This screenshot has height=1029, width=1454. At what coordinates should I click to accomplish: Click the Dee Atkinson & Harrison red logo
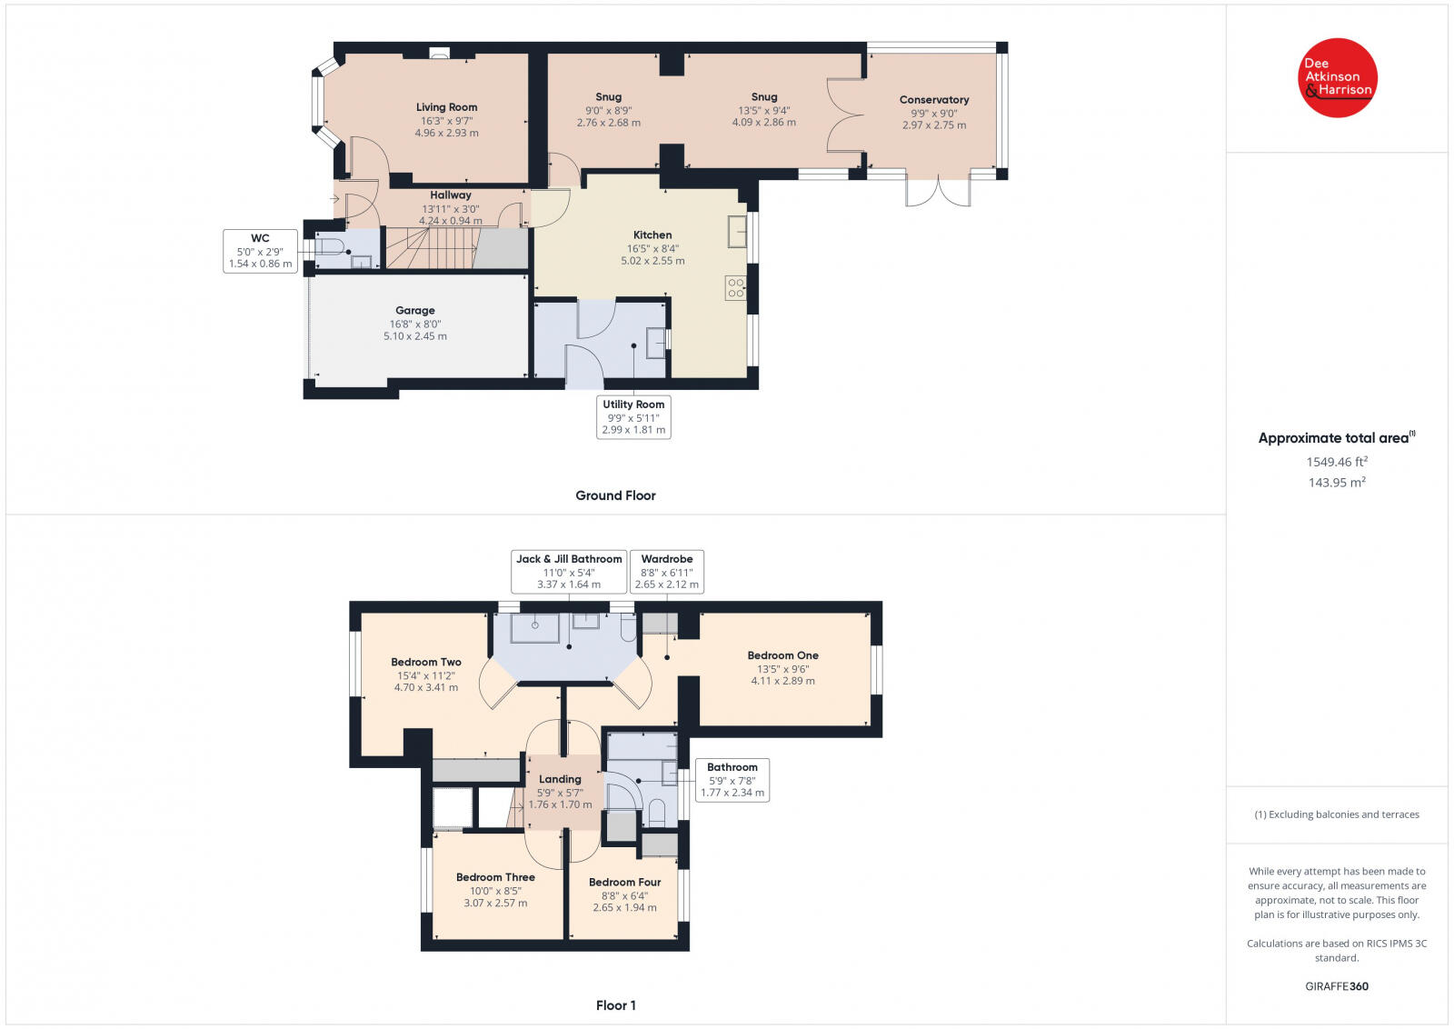[1337, 78]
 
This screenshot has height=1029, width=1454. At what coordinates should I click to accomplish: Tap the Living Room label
[446, 107]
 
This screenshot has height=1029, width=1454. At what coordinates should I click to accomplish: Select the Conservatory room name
[934, 99]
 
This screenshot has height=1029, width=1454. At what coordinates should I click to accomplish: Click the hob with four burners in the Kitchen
[735, 287]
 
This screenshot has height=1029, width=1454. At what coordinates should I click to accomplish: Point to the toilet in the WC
[330, 246]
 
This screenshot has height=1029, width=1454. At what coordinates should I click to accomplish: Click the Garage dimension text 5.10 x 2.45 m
[414, 336]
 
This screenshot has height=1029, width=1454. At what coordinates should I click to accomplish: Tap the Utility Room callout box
[633, 417]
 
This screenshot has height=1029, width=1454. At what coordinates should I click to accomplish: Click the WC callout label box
[260, 251]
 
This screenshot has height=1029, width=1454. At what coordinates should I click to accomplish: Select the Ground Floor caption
[615, 495]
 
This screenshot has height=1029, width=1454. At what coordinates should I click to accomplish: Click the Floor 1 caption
[616, 1005]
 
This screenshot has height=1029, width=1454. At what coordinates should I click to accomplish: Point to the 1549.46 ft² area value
[1337, 462]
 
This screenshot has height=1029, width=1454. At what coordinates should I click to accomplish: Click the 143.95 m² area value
[1337, 483]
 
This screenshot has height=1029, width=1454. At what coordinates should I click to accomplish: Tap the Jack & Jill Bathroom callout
[569, 571]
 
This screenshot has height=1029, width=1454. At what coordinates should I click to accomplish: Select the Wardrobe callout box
[667, 571]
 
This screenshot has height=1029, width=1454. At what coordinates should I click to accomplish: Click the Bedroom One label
[782, 655]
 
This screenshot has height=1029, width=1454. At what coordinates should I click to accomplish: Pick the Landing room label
[560, 779]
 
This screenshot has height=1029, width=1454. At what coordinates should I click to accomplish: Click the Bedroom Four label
[624, 883]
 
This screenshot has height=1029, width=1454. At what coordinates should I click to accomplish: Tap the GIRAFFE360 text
[1337, 986]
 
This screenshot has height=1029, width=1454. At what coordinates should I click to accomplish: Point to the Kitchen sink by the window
[737, 232]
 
